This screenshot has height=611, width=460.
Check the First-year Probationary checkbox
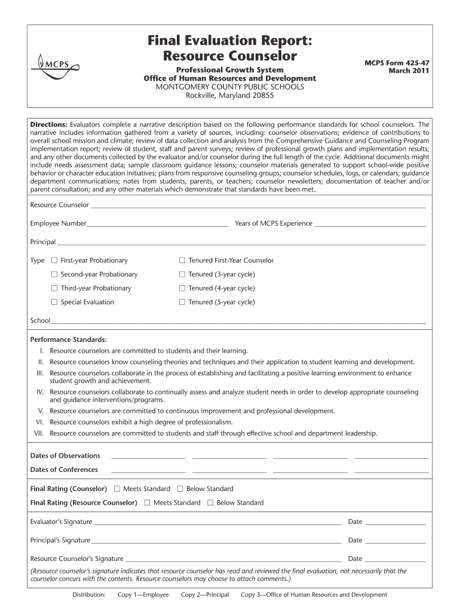[54, 261]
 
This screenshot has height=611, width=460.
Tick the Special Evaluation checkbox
[54, 303]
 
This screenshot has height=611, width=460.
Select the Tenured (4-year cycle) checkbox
[182, 289]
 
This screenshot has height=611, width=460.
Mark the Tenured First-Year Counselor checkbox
[182, 261]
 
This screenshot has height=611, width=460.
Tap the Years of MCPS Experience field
[370, 226]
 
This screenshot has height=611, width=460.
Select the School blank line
[238, 322]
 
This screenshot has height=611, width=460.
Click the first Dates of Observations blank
[148, 457]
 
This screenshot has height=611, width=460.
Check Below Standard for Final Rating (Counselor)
[180, 489]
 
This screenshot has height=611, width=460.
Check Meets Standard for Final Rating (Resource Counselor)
[147, 503]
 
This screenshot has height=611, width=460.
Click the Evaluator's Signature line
[217, 524]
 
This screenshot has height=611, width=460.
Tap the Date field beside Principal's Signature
[395, 542]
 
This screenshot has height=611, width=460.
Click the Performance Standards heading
[60, 340]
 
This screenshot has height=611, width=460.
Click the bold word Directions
[48, 125]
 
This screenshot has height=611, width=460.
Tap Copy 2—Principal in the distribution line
[205, 595]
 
